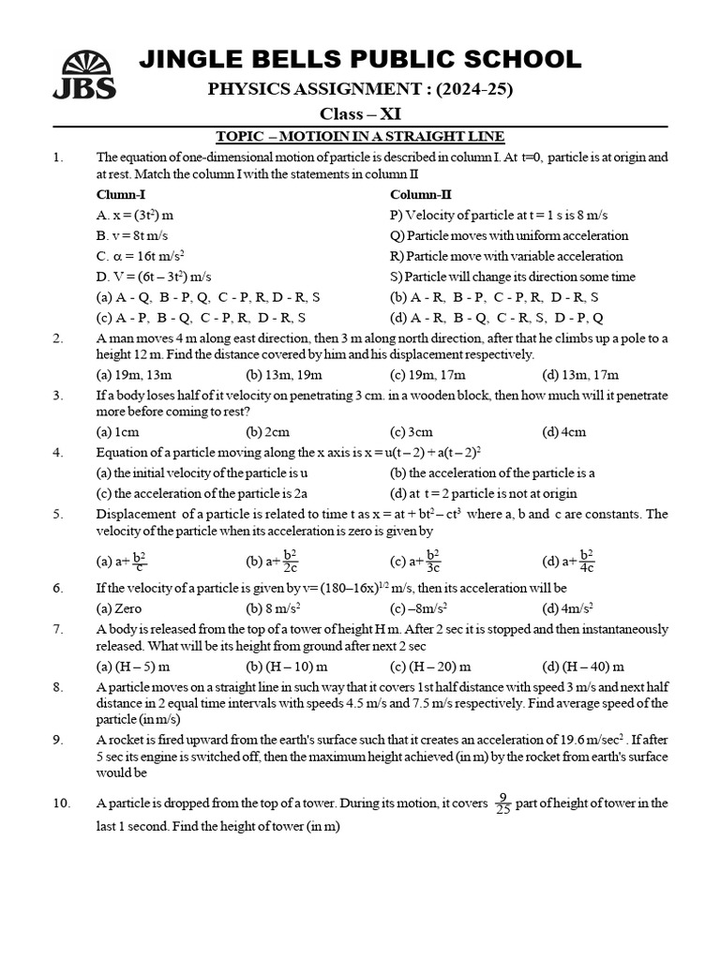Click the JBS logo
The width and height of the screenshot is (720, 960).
pos(88,75)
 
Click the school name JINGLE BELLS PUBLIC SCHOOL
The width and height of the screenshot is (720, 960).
pos(360,60)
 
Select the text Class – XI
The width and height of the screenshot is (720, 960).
pos(360,114)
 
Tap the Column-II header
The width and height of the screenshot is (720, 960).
pos(421,195)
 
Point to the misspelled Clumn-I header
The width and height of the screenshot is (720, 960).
pos(121,195)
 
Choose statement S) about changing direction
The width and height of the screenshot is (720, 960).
pos(513,277)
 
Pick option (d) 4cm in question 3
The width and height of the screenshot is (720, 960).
pos(564,432)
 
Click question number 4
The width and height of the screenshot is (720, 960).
pos(58,453)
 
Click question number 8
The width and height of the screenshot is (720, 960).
pos(58,687)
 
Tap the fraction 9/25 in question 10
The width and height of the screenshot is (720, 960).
pos(502,803)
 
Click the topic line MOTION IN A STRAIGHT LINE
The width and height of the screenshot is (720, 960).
pos(360,136)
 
